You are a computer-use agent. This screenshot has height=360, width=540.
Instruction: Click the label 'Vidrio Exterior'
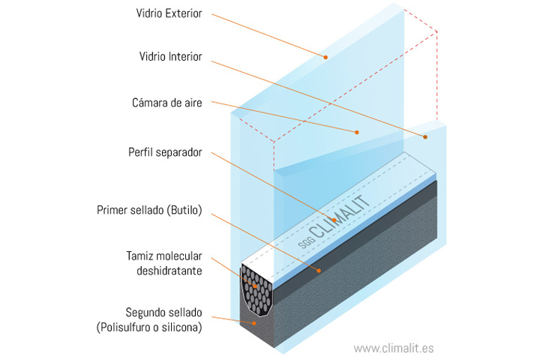point(169,13)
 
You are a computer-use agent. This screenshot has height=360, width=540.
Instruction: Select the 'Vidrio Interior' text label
point(170,56)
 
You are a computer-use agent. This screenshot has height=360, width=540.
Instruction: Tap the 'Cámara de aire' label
point(167,103)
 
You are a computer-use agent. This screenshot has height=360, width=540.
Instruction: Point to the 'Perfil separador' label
point(165,152)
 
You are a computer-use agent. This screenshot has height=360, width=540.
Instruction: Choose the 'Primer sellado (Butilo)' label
point(149,210)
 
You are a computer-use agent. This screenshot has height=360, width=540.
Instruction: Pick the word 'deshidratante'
point(169,271)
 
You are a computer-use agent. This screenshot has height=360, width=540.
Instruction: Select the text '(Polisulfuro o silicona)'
point(149,327)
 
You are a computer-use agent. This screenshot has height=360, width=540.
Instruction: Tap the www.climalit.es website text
point(394,348)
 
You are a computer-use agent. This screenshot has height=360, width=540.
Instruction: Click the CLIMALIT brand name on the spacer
point(340,216)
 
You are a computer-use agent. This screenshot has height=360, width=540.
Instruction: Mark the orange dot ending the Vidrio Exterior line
point(325,57)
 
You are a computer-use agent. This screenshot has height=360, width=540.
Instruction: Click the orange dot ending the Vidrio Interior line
point(425,137)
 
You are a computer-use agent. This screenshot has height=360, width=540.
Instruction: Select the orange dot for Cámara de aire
point(357,132)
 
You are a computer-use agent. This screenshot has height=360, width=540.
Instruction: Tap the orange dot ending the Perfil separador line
point(334,220)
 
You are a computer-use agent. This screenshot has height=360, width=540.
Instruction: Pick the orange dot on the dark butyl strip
point(319,271)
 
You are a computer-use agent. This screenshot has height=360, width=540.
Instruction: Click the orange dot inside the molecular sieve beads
point(255,286)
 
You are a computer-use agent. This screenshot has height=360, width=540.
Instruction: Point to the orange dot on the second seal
point(254,323)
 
